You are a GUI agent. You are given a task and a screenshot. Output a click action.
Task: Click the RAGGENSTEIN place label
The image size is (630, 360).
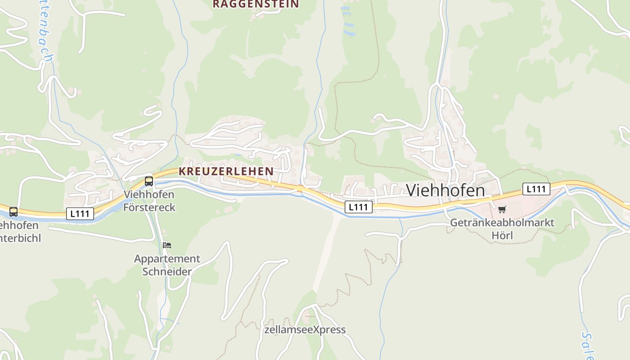pos(255,4)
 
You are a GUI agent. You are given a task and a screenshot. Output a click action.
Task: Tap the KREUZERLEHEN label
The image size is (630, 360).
pos(226,171)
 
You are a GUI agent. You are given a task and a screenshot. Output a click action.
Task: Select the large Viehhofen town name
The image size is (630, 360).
pos(445,190)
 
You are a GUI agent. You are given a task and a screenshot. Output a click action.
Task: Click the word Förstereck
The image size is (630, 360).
pos(149,207)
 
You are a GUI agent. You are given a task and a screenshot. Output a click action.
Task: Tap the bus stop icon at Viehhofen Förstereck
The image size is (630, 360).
pos(149,181)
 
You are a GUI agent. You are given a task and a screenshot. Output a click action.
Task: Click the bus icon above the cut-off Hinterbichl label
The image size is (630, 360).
pos(13,212)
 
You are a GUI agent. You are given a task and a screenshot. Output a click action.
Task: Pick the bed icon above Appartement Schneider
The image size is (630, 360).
pos(167,245)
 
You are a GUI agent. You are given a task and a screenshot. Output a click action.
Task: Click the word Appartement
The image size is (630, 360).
pos(167,259)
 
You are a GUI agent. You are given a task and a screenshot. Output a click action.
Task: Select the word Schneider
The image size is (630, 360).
pos(167,271)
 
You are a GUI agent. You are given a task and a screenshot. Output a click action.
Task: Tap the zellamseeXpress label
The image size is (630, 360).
pos(305,329)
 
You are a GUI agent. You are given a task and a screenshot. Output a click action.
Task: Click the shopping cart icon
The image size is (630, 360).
pos(502,209)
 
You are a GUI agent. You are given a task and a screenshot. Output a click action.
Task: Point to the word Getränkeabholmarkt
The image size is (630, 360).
pos(502,223)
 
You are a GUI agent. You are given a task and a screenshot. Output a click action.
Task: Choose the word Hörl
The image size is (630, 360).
pos(502,235)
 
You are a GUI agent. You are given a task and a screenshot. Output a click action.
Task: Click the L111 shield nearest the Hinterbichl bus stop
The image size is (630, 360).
pos(80,214)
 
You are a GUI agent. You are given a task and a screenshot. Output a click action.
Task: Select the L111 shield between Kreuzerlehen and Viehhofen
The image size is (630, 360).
pos(359,207)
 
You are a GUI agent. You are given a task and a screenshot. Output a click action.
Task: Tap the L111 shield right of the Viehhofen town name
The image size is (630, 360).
pos(536,189)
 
